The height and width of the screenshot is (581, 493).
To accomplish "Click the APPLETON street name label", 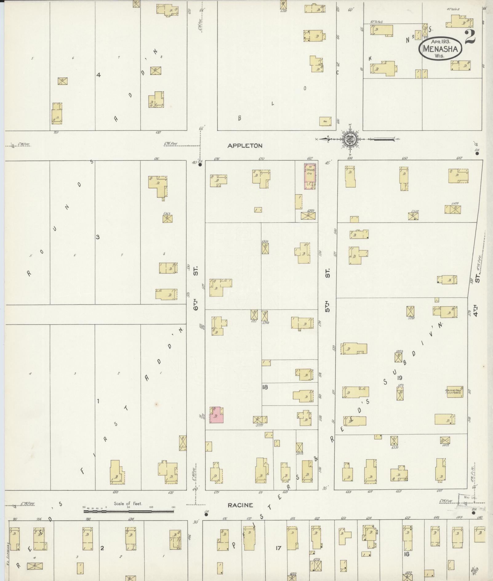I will click(245, 146).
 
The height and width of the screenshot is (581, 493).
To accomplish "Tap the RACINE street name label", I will click(240, 505).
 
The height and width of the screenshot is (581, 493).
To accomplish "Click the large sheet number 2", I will click(470, 37).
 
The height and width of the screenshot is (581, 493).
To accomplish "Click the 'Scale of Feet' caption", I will click(128, 503).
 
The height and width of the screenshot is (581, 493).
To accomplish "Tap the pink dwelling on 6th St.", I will click(217, 415).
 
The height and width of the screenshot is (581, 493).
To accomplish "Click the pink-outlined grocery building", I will click(310, 176).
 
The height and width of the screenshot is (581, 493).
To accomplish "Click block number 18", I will click(265, 387).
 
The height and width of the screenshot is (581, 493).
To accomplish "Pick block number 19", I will click(400, 378).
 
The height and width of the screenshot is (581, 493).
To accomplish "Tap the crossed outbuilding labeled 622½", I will click(308, 216).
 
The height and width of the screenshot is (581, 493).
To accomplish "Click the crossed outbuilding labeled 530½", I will click(265, 248).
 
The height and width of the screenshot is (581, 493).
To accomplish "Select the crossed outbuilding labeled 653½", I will click(395, 441).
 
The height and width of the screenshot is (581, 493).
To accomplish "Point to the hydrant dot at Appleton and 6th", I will click(200, 165).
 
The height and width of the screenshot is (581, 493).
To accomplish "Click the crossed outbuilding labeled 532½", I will click(399, 357).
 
